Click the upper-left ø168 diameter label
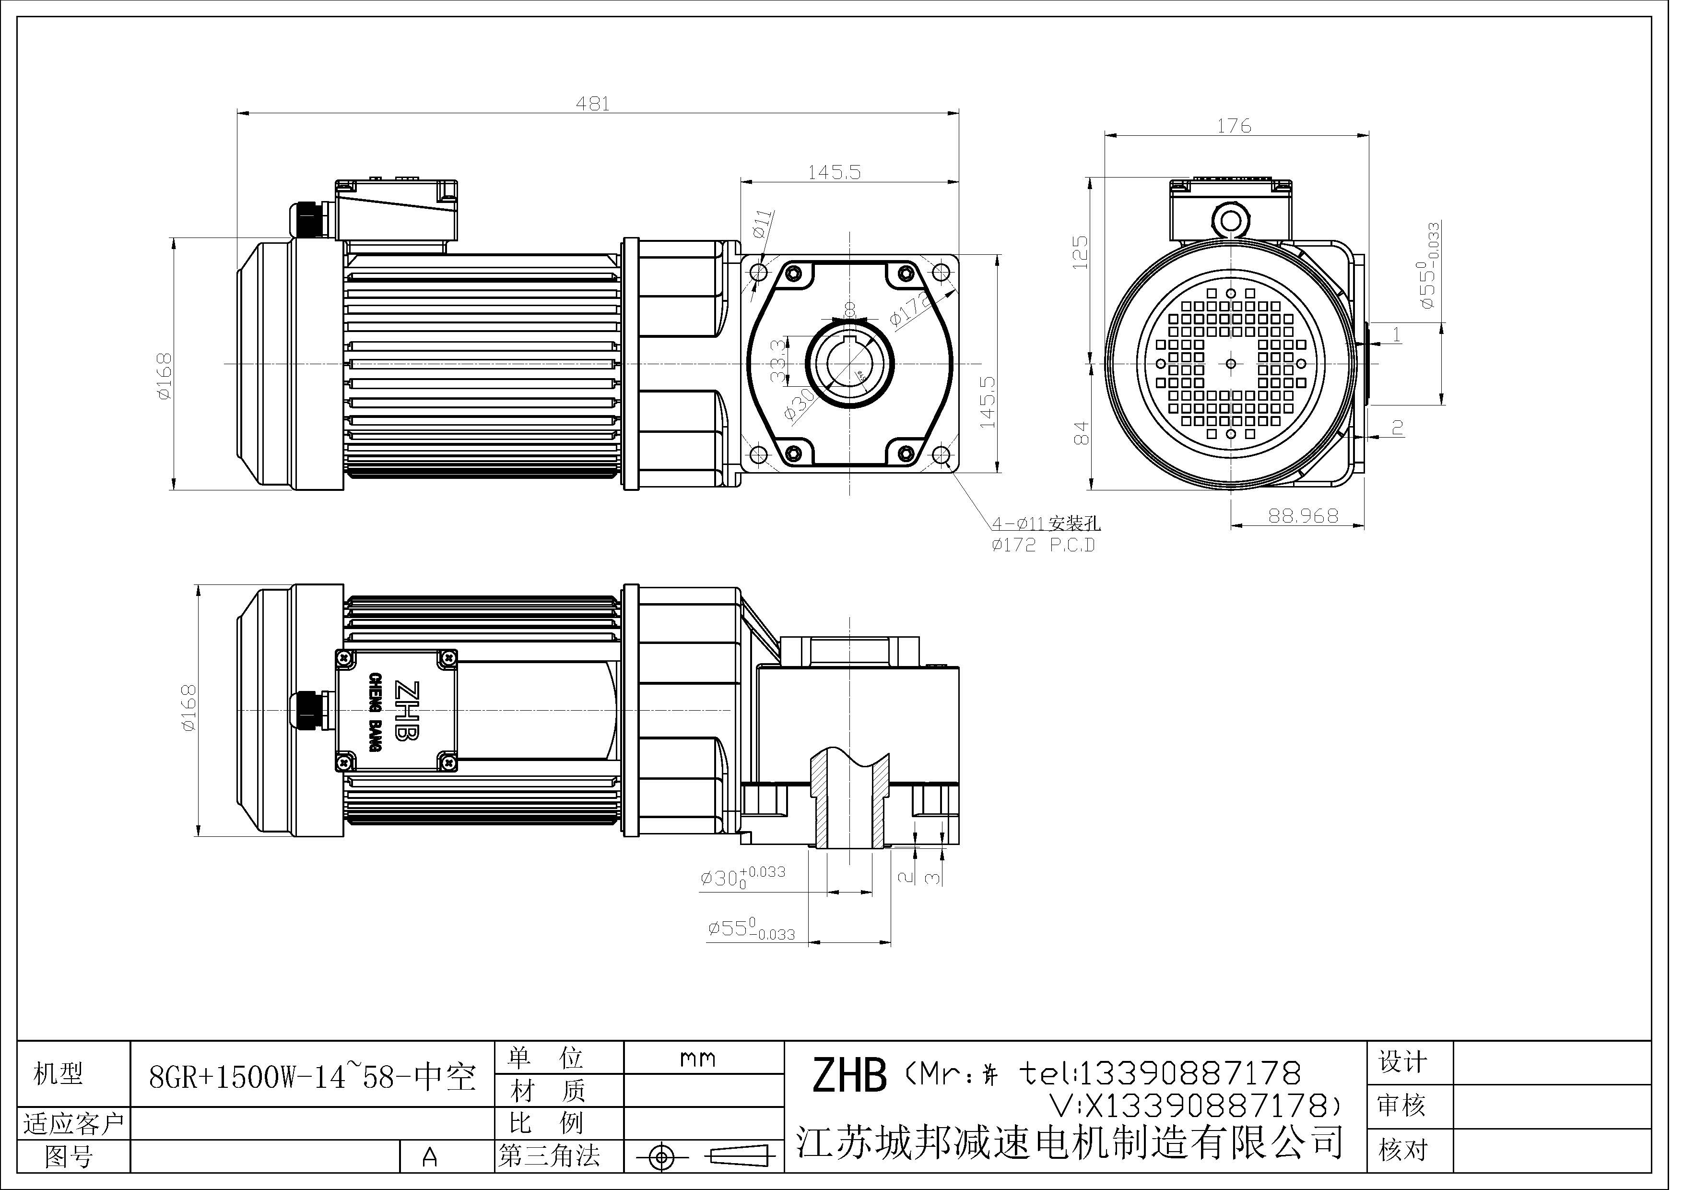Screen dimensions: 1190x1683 [x=165, y=376]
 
